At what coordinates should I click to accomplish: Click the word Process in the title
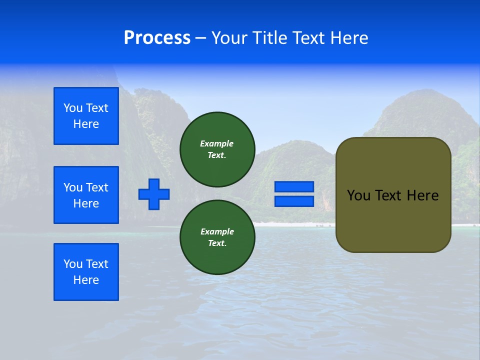click(x=157, y=38)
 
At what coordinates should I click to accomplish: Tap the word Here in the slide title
click(x=347, y=38)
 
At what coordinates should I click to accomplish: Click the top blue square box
click(x=86, y=116)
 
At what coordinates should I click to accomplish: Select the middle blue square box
click(x=86, y=195)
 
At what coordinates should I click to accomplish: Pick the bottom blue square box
click(x=86, y=272)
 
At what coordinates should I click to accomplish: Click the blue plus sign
click(x=154, y=194)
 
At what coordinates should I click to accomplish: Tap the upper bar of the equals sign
click(x=294, y=187)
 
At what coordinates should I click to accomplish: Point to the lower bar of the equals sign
click(x=294, y=201)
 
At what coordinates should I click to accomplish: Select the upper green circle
click(x=217, y=149)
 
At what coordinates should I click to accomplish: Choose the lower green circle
click(x=217, y=237)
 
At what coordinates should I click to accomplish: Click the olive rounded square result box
click(x=393, y=195)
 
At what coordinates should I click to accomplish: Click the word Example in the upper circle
click(x=217, y=143)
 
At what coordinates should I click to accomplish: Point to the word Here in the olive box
click(x=422, y=195)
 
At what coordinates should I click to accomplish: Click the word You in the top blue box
click(x=73, y=108)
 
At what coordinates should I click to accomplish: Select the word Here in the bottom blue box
click(x=86, y=280)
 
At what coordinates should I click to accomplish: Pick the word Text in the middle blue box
click(x=97, y=187)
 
